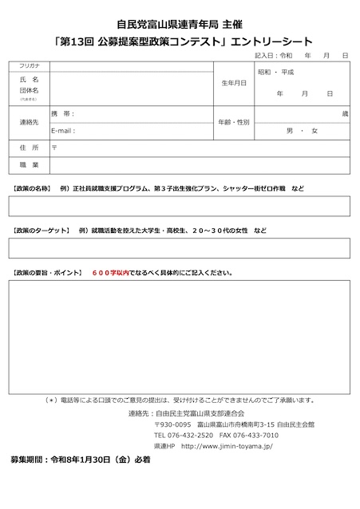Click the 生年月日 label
pos(233,83)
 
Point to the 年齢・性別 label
pos(234,122)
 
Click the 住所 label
pos(29,148)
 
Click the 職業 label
pos(29,164)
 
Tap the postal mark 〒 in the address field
pos(53,148)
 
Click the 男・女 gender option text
pos(302,130)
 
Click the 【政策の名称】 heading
pos(32,188)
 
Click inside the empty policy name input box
pos(180,207)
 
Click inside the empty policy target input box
pos(180,248)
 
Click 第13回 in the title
pos(77,39)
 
